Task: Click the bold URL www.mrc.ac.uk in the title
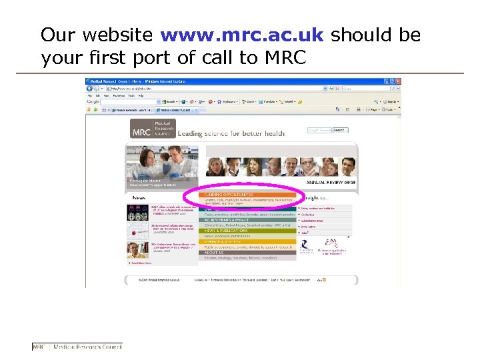pos(241,35)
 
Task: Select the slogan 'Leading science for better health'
pos(231,133)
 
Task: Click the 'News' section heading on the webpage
pos(139,198)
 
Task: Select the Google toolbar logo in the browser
pos(93,102)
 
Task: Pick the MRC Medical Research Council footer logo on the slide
pos(77,347)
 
